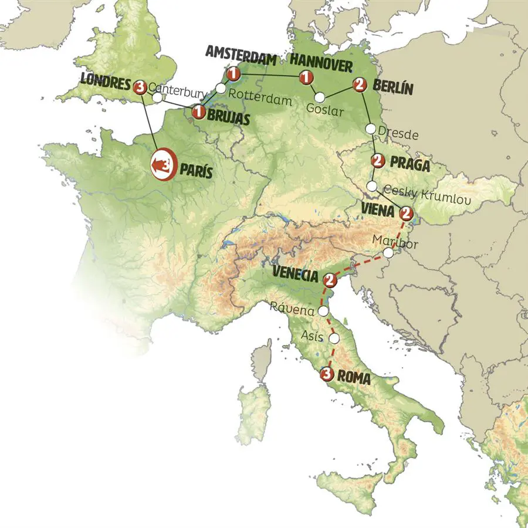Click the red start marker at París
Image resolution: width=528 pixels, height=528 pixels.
(164, 165)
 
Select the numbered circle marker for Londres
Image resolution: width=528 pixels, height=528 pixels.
(140, 87)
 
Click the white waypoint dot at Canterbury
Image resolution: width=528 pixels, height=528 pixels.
(157, 97)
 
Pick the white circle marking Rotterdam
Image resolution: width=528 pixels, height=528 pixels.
(220, 88)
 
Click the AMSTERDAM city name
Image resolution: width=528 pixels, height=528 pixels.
(241, 53)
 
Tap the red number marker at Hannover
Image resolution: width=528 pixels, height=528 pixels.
(305, 77)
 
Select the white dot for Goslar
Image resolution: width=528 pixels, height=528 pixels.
(320, 97)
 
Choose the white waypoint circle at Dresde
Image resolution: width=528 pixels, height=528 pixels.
(371, 128)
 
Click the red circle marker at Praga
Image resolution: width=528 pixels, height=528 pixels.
(378, 160)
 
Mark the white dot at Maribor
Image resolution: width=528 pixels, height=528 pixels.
(388, 253)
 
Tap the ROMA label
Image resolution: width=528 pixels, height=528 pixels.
(354, 379)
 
